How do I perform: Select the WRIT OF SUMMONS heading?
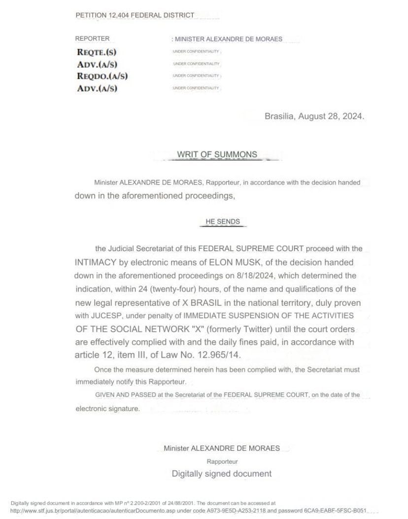217,154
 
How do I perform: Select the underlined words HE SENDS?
223,222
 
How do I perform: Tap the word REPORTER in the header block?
92,38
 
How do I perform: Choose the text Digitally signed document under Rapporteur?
221,474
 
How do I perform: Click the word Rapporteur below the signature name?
222,462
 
